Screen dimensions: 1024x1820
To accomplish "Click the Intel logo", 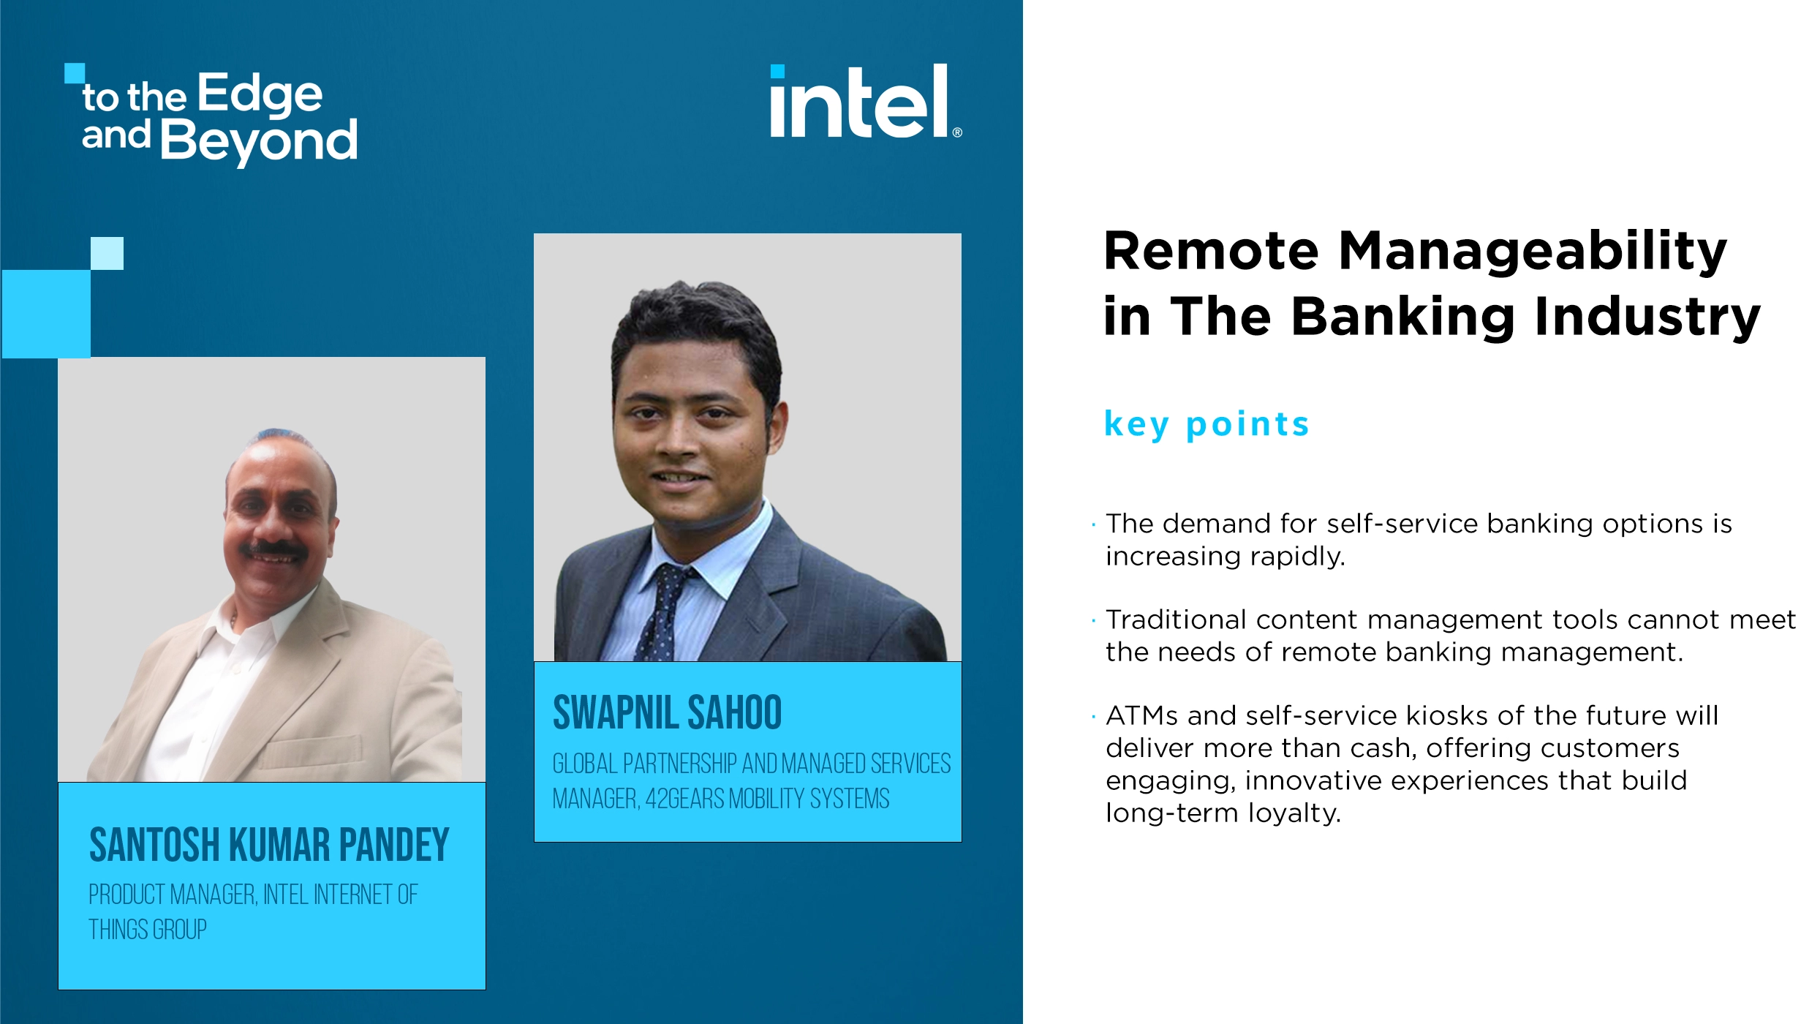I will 860,102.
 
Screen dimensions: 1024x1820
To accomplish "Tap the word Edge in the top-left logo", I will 260,95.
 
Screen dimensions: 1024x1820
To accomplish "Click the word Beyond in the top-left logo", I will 258,140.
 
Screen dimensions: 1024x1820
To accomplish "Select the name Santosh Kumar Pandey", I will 268,845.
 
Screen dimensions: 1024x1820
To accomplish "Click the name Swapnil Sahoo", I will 667,713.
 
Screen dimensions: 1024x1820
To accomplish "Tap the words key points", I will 1206,424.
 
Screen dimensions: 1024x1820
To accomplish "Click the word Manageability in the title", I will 1532,251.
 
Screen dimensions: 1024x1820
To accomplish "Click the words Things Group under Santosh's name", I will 148,930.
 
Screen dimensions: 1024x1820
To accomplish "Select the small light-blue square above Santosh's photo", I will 107,253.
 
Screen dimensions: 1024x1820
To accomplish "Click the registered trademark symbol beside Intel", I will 957,132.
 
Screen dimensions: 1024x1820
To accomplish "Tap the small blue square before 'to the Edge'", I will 74,72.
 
